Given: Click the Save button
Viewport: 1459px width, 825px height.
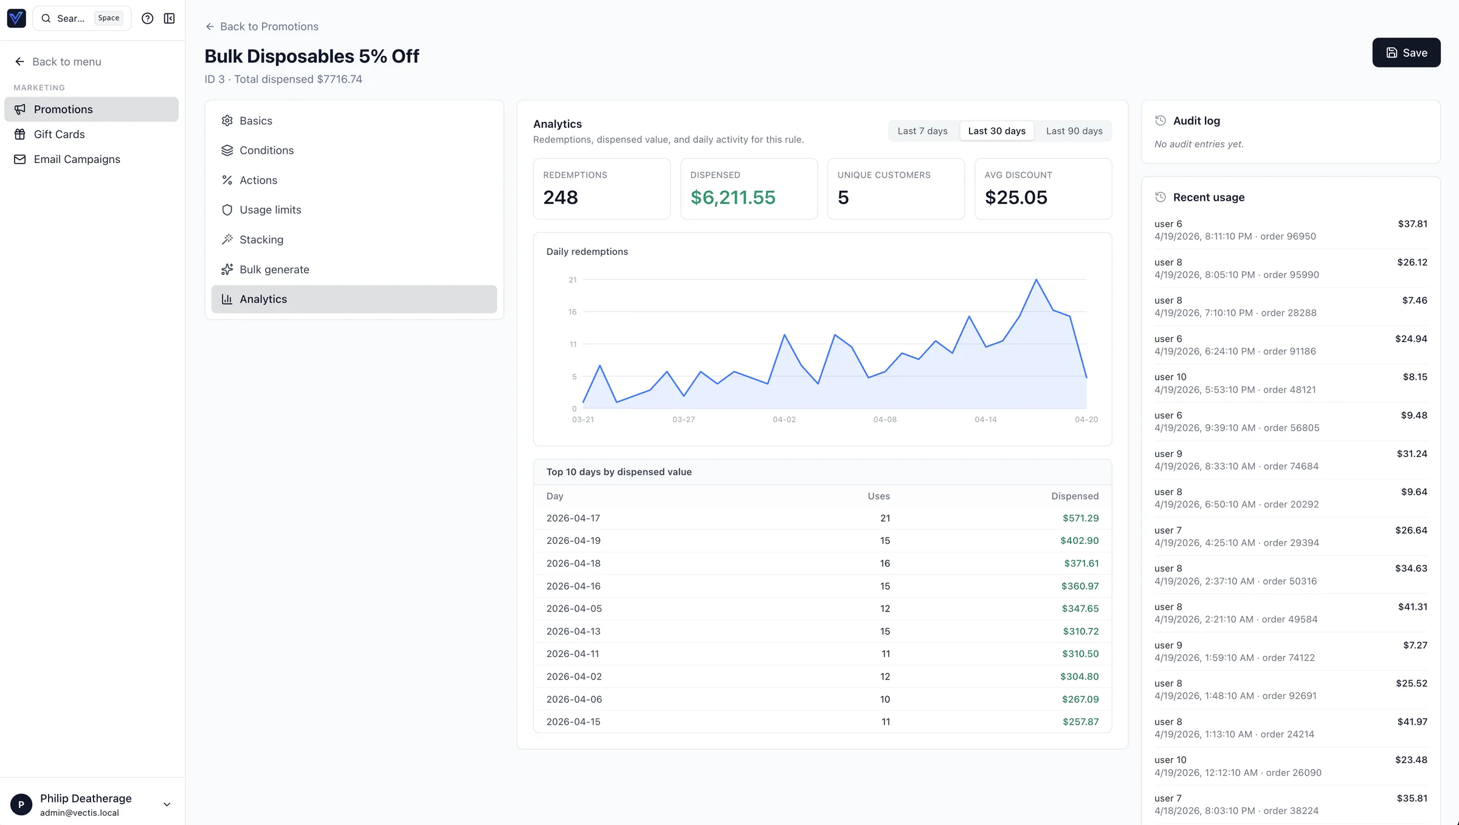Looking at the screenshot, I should click(x=1406, y=53).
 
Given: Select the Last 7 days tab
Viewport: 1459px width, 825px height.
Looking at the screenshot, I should click(x=922, y=131).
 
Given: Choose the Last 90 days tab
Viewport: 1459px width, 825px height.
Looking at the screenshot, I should click(x=1074, y=131).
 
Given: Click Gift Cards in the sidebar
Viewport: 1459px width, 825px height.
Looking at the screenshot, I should click(x=59, y=134).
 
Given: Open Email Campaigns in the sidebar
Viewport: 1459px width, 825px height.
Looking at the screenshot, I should click(x=77, y=159).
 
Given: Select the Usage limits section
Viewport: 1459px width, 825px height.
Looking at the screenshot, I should click(x=270, y=210).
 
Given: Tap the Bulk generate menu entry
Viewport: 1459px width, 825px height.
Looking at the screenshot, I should click(x=274, y=270).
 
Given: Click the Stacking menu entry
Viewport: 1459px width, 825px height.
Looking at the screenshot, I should click(x=261, y=240).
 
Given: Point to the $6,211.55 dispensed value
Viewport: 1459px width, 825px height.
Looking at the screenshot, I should click(x=733, y=198).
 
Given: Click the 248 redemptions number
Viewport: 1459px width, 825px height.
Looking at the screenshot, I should click(x=560, y=198).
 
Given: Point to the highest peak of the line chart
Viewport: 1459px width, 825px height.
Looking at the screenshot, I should click(x=1036, y=280).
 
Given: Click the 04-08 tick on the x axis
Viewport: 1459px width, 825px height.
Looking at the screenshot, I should click(x=885, y=420).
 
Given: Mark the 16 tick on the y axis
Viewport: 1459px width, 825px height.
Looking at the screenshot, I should click(x=572, y=312).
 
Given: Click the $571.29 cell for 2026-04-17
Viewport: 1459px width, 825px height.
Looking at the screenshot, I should click(x=1080, y=518).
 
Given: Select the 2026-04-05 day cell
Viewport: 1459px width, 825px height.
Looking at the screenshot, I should click(x=574, y=608).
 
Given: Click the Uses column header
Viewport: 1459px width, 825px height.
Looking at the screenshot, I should click(x=878, y=496).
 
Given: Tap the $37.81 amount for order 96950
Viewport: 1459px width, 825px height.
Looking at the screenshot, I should click(x=1412, y=224).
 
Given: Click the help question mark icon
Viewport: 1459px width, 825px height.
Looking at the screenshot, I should click(x=147, y=18).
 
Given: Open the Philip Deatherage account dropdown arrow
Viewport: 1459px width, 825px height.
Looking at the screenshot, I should click(x=167, y=804).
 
